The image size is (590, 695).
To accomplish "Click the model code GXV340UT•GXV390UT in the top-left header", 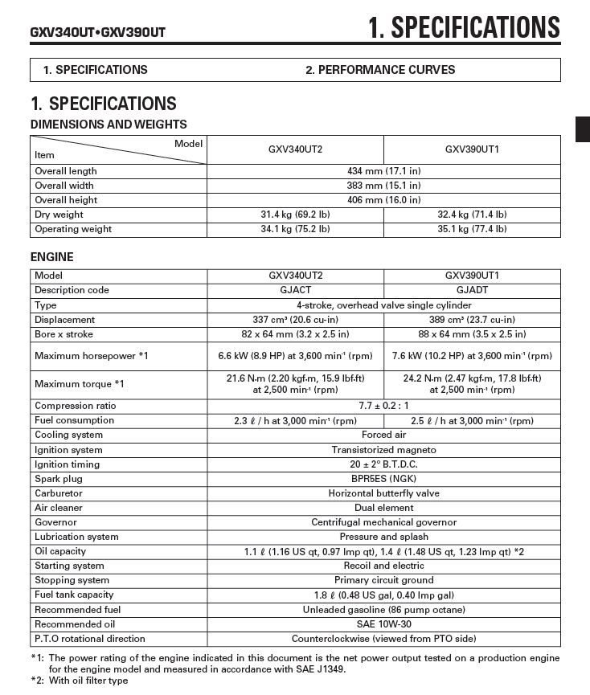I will [98, 32].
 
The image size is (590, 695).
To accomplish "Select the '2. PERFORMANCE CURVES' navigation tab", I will [379, 69].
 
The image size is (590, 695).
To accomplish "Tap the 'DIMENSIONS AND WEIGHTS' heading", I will [109, 125].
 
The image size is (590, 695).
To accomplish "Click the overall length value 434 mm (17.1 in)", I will [383, 171].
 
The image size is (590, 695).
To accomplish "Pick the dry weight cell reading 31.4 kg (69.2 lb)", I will [295, 215].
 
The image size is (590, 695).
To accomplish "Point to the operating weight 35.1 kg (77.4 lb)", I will [472, 229].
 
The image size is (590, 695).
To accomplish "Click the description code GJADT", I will [472, 290].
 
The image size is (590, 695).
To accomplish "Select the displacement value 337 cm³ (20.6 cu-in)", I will [295, 320].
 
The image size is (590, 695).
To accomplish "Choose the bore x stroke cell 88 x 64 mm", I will [472, 334].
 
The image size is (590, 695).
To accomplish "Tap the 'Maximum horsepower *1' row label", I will [92, 355].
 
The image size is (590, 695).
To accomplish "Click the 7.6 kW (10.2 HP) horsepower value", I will [472, 355].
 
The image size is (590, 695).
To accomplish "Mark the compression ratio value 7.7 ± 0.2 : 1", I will [383, 406].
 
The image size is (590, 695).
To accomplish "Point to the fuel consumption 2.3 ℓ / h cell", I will [295, 420].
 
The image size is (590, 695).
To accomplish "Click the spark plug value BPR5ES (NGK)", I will [383, 479].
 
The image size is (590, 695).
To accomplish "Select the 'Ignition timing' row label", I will [68, 464].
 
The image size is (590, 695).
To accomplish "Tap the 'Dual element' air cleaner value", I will [383, 508].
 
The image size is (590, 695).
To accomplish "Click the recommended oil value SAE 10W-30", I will [383, 624].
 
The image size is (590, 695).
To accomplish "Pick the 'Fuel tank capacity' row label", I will [74, 595].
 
